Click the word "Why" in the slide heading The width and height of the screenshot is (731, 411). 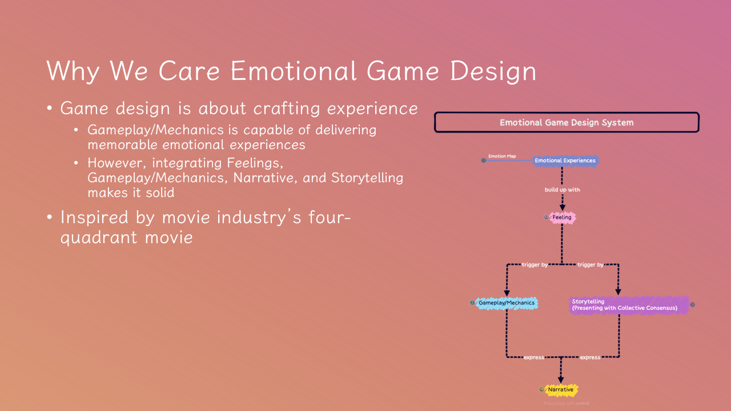pos(73,71)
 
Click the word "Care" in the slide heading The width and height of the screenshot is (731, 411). pos(189,71)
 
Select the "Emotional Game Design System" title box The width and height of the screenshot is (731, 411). pos(567,122)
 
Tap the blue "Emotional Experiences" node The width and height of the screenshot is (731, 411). pos(565,160)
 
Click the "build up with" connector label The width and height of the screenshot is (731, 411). pos(562,190)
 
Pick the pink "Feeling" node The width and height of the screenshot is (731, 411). pos(562,217)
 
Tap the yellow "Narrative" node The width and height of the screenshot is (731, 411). pos(560,390)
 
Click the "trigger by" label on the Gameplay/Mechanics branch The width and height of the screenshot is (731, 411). pos(534,265)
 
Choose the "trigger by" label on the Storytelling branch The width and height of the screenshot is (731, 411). pos(590,265)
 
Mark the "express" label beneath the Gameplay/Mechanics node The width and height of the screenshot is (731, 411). pos(534,357)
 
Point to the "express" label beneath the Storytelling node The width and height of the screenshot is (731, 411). pos(590,357)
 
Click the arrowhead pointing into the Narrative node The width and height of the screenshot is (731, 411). pos(561,378)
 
